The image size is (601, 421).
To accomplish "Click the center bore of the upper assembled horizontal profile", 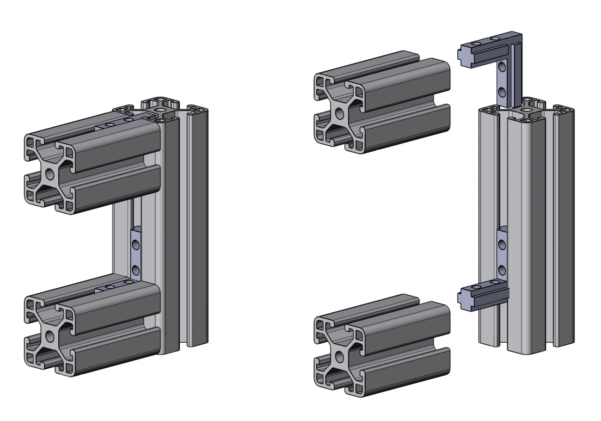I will (50, 174).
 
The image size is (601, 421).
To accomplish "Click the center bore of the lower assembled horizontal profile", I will (50, 336).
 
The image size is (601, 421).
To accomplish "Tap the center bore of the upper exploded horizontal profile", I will (340, 112).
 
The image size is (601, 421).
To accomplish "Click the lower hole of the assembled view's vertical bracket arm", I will (135, 268).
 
